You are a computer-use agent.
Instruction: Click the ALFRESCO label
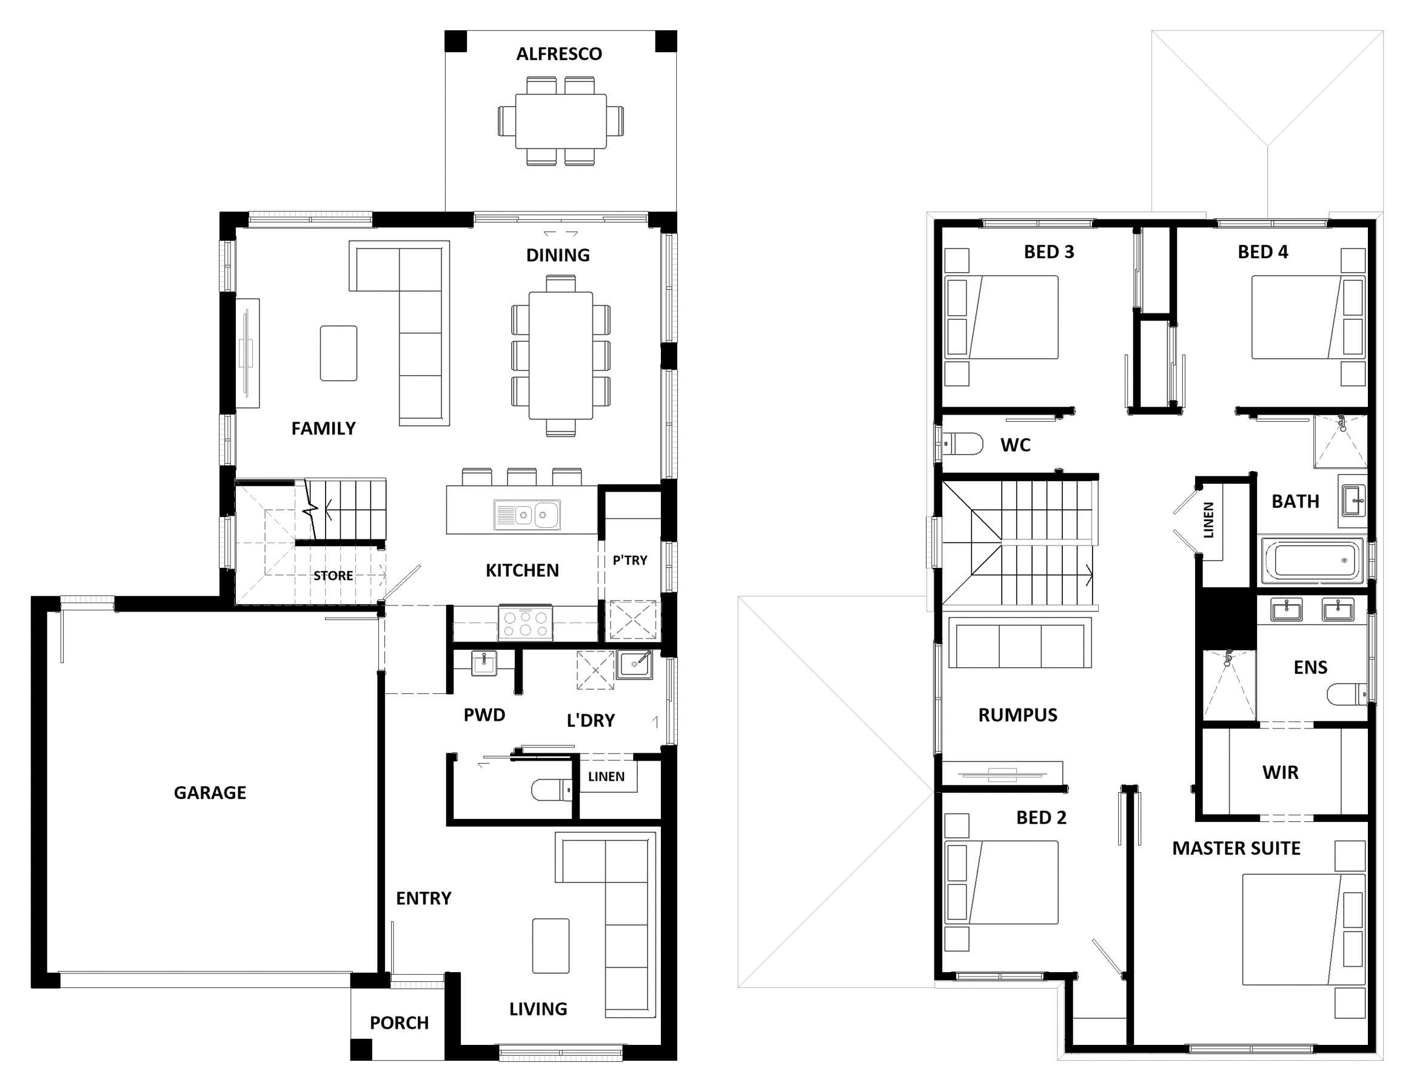[558, 54]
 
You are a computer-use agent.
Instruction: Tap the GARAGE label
[210, 793]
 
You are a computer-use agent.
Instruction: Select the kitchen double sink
[527, 515]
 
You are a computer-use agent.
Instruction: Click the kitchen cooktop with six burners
[525, 622]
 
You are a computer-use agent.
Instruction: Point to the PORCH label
[399, 1023]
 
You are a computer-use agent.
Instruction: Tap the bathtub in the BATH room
[1312, 561]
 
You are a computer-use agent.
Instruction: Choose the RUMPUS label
[1018, 715]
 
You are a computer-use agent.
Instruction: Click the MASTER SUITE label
[1236, 849]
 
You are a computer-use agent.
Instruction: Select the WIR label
[1280, 772]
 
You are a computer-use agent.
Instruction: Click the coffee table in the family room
[338, 353]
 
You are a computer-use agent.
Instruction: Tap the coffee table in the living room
[551, 946]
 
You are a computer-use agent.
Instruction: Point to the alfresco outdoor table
[561, 121]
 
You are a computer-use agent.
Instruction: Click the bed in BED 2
[1002, 882]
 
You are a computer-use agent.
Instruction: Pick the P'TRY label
[630, 561]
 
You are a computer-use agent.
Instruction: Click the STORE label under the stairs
[333, 576]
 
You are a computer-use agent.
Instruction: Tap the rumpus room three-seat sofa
[1020, 642]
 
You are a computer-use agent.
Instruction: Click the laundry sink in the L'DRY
[634, 664]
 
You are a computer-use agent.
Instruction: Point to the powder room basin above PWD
[484, 662]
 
